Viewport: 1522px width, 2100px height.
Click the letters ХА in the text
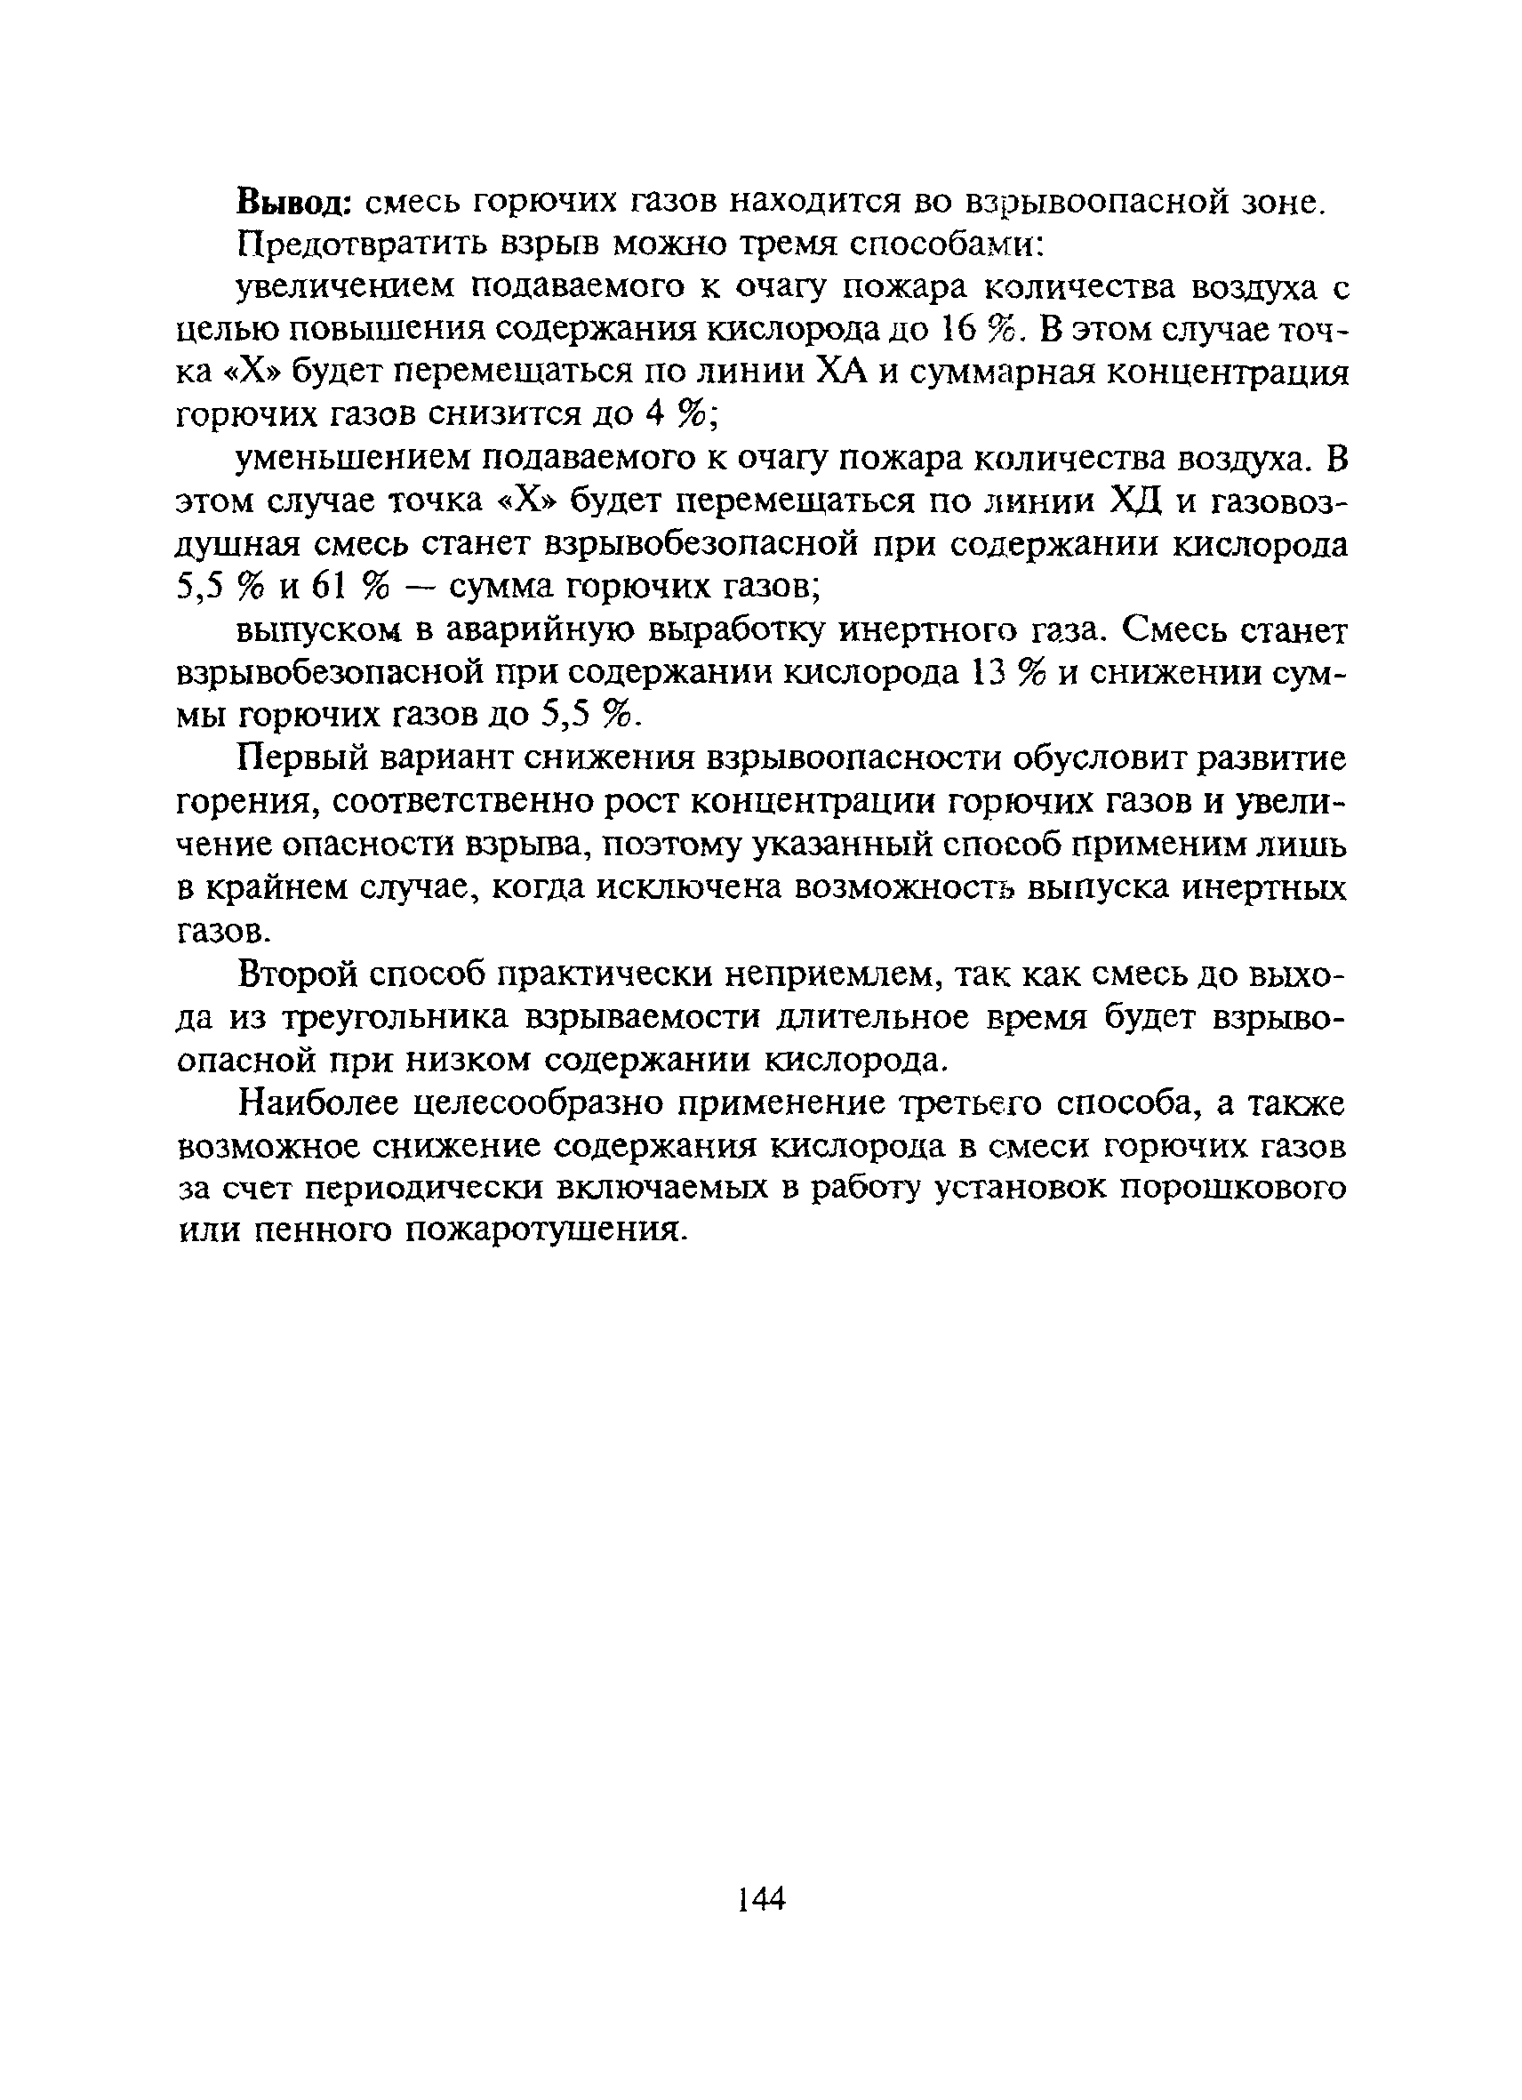845,373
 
